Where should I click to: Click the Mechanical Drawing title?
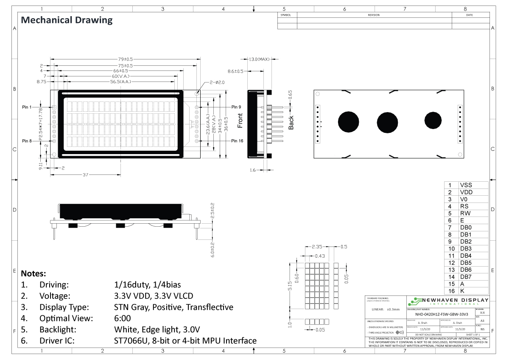tap(67, 20)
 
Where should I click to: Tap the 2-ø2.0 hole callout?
tap(216, 82)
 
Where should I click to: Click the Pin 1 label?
tap(27, 107)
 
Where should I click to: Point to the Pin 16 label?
tap(237, 141)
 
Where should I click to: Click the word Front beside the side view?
tap(241, 121)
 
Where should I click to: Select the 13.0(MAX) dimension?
tap(260, 59)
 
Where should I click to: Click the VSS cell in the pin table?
tap(466, 185)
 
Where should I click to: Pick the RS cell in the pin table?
tap(464, 206)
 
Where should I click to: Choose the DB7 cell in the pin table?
tap(466, 277)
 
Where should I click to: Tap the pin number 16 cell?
tap(451, 291)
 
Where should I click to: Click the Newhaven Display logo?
tap(447, 302)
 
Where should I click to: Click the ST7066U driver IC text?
tap(131, 340)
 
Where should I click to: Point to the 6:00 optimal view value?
tap(123, 318)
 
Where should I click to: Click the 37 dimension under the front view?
tap(85, 174)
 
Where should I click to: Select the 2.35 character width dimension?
tap(316, 247)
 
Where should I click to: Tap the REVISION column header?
tap(374, 15)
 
